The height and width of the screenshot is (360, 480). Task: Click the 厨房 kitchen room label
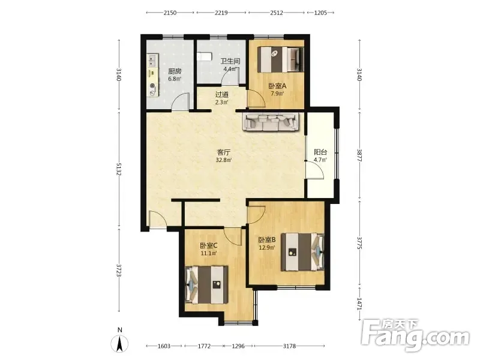tap(175, 71)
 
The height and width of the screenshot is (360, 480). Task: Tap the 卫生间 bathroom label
tap(230, 61)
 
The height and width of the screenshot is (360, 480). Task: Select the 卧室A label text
tap(277, 86)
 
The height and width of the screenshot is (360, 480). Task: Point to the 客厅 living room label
tap(223, 152)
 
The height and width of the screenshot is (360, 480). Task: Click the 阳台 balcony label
tap(320, 152)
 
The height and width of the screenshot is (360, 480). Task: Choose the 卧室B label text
tap(267, 239)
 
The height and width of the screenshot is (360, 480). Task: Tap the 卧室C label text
tap(208, 245)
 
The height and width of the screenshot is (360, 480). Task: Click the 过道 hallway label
tap(221, 95)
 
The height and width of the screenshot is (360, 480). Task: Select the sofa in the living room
tap(271, 122)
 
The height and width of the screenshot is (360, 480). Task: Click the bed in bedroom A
tap(281, 59)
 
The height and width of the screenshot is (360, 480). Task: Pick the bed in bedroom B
tap(303, 252)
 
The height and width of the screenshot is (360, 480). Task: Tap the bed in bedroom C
tap(206, 284)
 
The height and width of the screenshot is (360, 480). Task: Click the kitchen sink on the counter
tap(152, 61)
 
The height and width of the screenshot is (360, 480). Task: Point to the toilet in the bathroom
tap(205, 56)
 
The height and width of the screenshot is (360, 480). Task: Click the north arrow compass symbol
tap(120, 343)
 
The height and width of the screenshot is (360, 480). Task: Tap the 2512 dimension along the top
tap(277, 13)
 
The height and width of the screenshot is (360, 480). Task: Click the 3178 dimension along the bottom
tap(289, 346)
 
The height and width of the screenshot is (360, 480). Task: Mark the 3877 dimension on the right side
tap(359, 155)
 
